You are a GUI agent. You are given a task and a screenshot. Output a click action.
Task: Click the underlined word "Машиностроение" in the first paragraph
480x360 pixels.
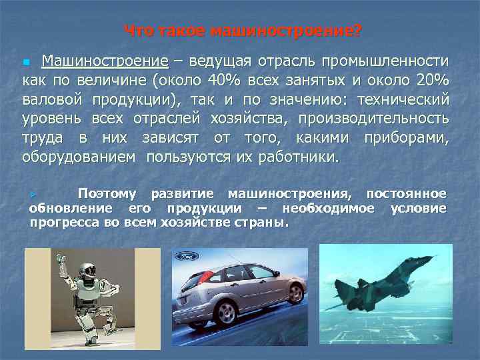[x=105, y=62]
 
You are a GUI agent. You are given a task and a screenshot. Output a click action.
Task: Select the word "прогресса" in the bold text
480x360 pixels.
[x=61, y=222]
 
